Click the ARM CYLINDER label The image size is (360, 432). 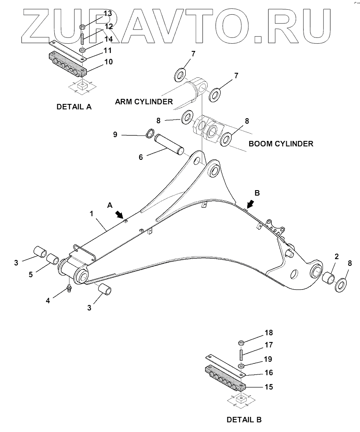[144, 101]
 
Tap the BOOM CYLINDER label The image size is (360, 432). [281, 143]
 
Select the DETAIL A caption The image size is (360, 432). [74, 107]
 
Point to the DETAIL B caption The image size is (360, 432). [244, 419]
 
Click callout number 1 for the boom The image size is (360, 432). [91, 214]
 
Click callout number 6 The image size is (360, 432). [141, 157]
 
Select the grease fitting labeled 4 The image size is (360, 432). [69, 289]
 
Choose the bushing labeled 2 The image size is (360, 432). [328, 278]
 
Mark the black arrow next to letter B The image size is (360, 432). [250, 204]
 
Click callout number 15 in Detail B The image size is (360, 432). [268, 387]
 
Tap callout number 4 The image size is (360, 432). [48, 300]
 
